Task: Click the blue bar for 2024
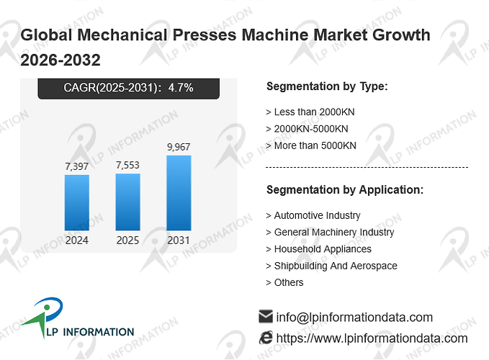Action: click(x=77, y=202)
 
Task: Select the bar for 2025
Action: click(x=128, y=202)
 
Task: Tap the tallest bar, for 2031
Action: click(x=179, y=193)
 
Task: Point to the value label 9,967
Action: click(x=179, y=147)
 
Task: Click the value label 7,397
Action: click(x=77, y=166)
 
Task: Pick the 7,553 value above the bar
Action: click(x=128, y=165)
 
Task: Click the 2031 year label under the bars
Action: click(x=179, y=240)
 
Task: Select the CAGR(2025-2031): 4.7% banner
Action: click(x=128, y=89)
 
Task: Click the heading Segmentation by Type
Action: click(x=327, y=86)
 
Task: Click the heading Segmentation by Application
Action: click(x=345, y=190)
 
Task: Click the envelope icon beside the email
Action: click(x=266, y=316)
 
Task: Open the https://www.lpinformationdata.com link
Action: click(x=372, y=338)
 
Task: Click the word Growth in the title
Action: click(x=401, y=35)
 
